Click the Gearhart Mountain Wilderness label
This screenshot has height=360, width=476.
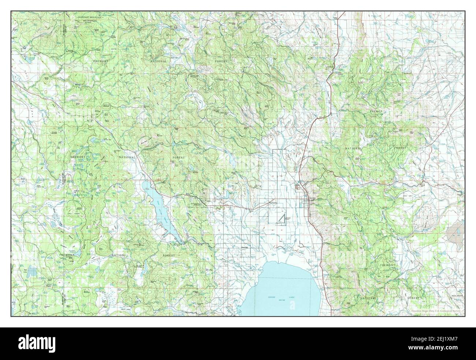[89, 19]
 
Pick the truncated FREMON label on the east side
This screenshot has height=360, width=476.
[376, 110]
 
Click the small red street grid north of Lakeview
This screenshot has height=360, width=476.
[298, 187]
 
